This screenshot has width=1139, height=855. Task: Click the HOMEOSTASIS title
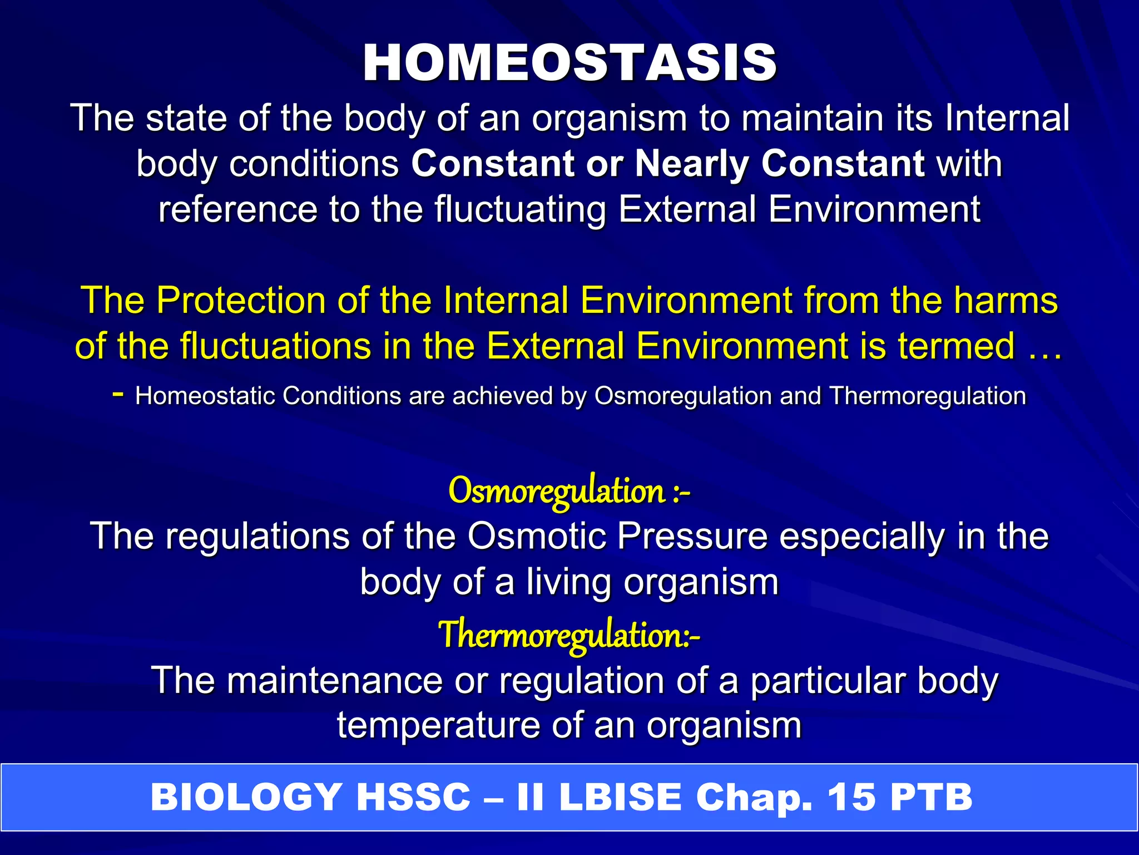569,62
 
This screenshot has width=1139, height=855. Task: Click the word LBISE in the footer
620,797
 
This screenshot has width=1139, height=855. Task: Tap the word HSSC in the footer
413,797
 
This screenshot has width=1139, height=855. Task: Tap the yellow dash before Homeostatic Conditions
117,394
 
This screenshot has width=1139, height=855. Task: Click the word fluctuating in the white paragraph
520,210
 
